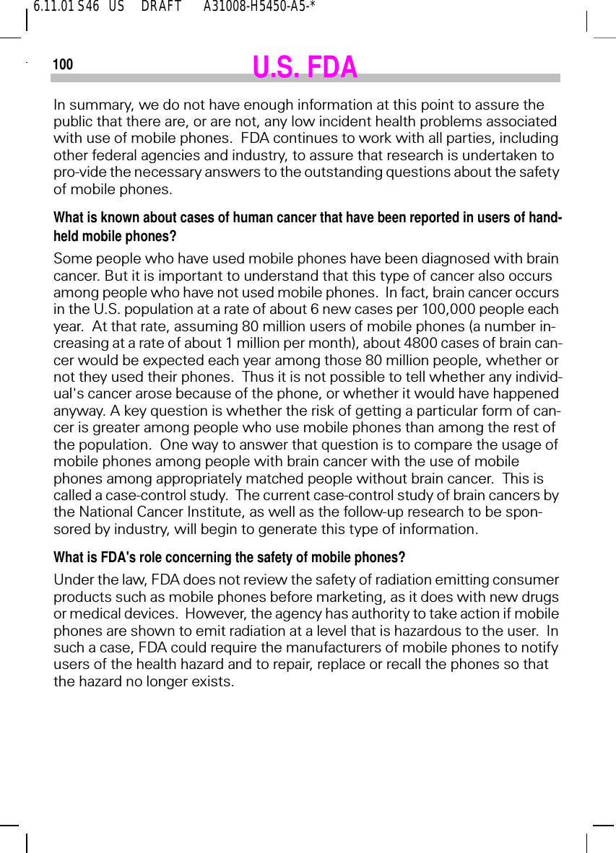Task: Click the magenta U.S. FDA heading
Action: click(x=305, y=67)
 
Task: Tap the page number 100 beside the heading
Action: click(x=63, y=65)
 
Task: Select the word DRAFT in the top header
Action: click(x=161, y=7)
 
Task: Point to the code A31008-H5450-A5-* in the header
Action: click(x=259, y=7)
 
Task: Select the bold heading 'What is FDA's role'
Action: click(x=229, y=558)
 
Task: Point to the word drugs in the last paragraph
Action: click(x=542, y=597)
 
